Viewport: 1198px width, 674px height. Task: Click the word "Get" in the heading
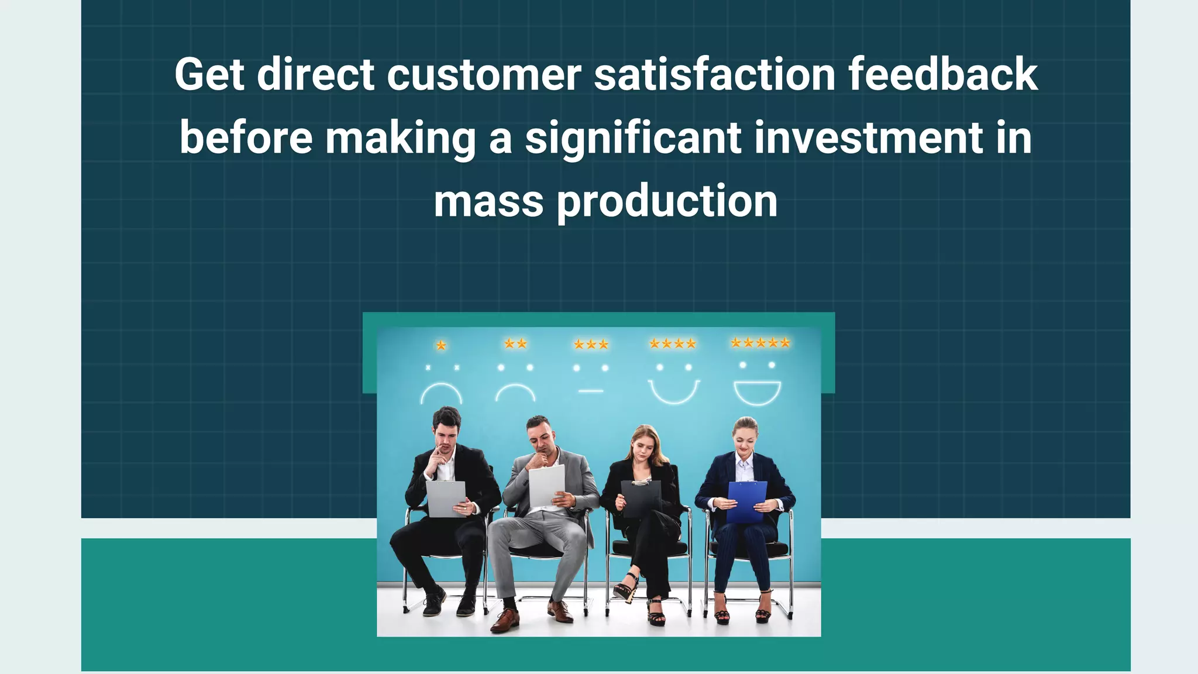(209, 75)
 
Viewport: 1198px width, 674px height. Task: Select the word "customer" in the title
(484, 75)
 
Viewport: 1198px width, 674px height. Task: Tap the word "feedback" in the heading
(943, 75)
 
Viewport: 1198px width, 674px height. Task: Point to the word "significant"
(634, 139)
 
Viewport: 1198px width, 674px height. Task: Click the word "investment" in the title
(869, 138)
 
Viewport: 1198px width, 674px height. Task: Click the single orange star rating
(441, 346)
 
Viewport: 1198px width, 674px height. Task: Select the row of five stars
(760, 343)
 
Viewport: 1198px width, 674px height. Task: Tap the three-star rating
(591, 345)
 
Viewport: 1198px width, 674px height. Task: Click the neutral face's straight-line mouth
(591, 390)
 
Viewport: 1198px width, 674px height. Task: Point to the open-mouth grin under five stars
(758, 393)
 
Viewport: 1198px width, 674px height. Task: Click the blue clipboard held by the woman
(747, 501)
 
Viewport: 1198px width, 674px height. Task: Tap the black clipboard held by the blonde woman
(642, 498)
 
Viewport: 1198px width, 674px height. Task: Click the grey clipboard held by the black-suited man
(446, 498)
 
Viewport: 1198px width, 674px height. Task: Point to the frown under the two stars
(515, 392)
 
